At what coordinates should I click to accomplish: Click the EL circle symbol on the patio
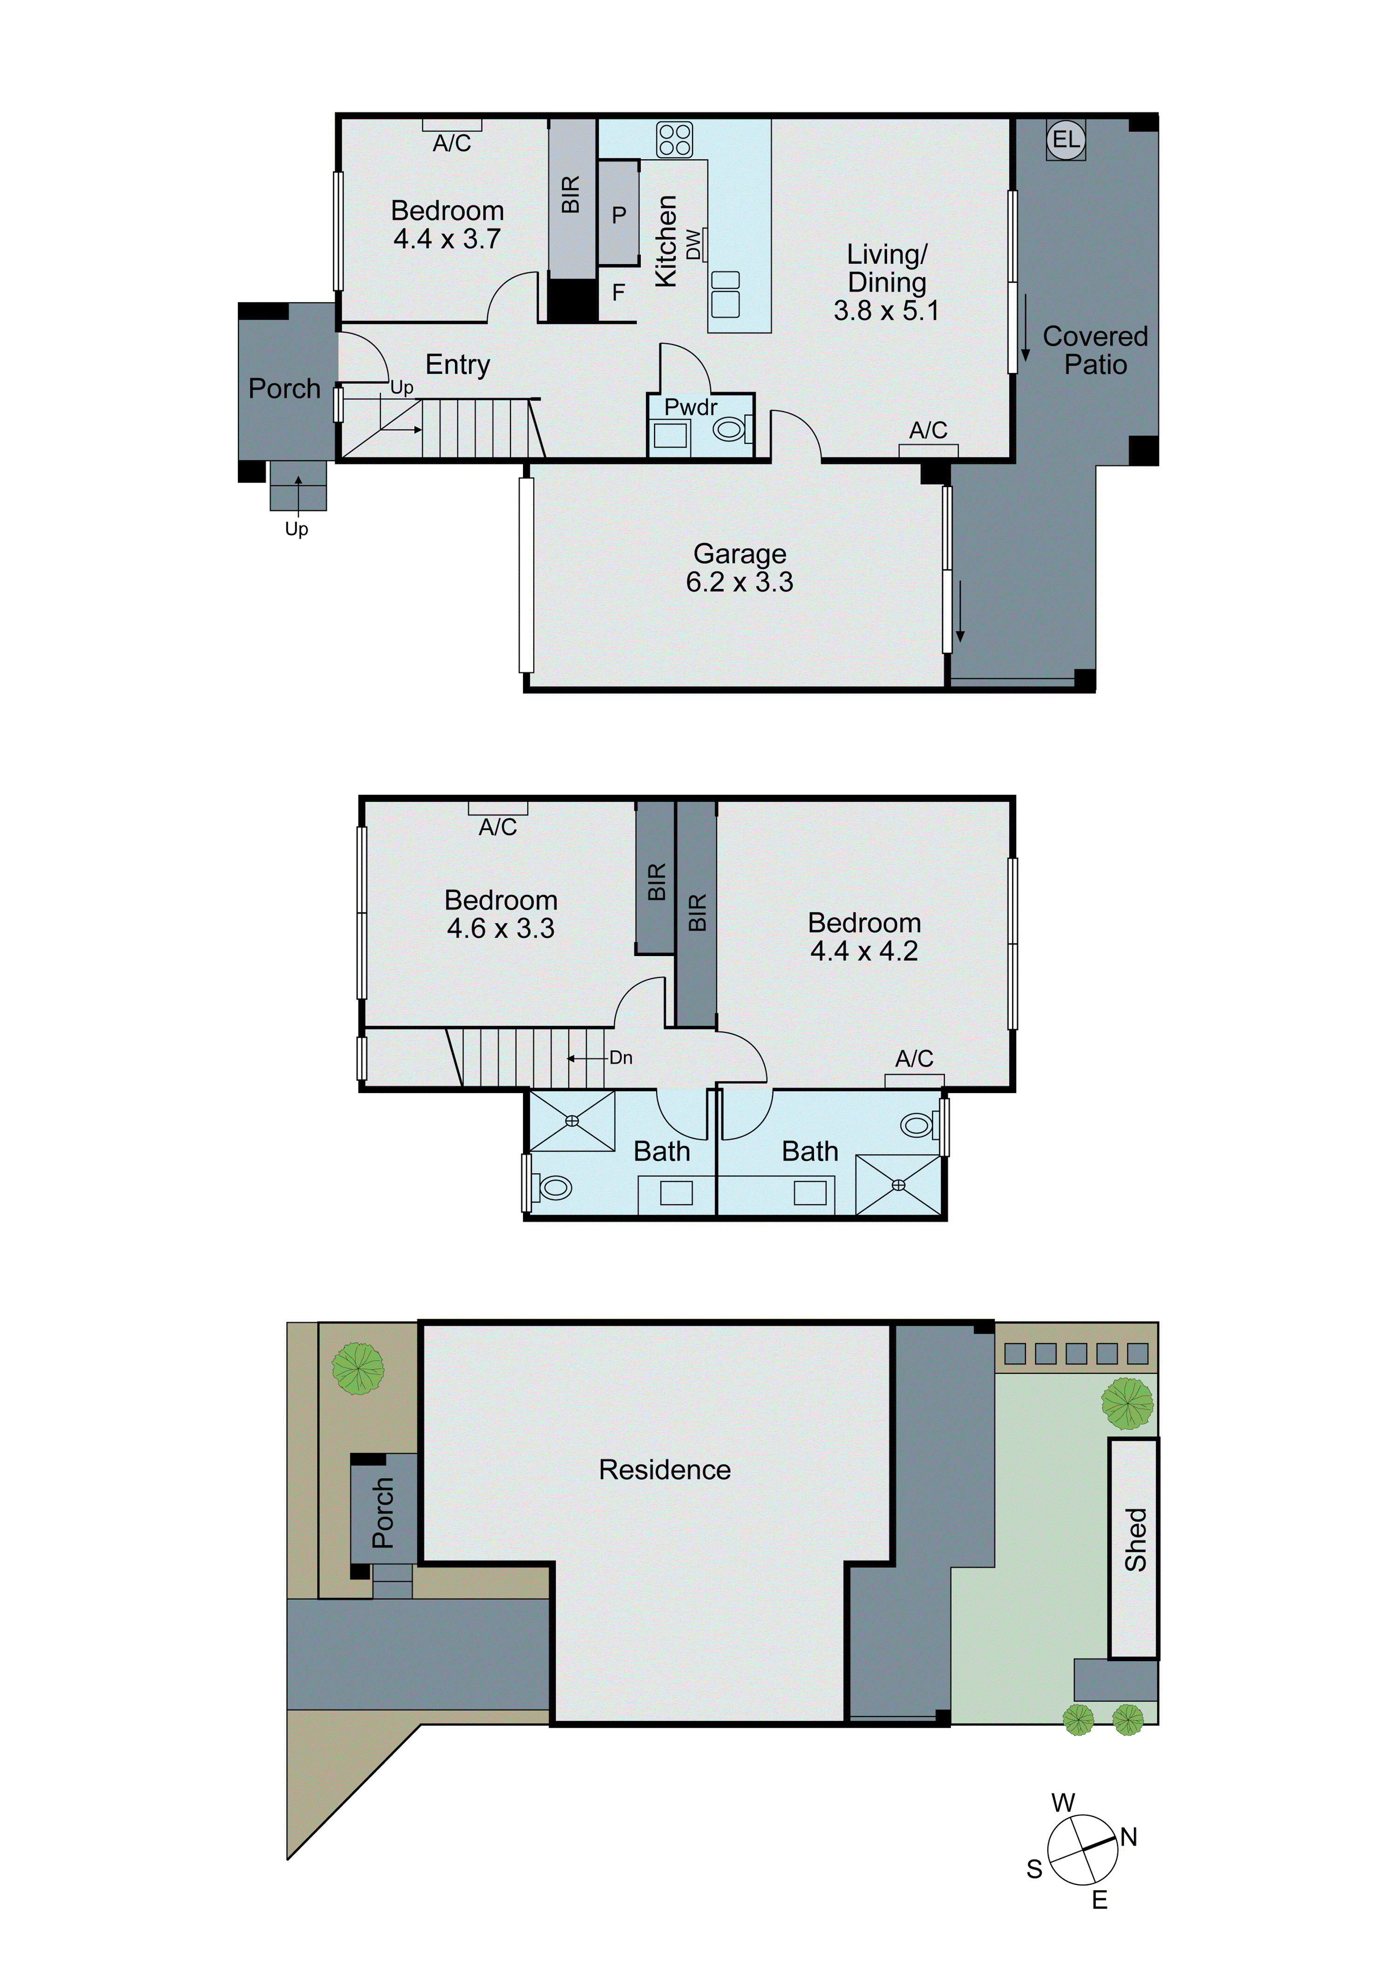(x=1065, y=139)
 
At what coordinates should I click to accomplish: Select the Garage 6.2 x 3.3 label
(x=739, y=568)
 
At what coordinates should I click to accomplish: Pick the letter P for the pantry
(x=619, y=215)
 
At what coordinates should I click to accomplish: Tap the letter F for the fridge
(x=618, y=292)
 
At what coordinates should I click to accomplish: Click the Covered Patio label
(x=1095, y=350)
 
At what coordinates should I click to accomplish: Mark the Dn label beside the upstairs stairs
(x=621, y=1058)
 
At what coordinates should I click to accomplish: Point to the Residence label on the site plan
(x=665, y=1470)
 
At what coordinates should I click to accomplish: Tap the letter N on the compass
(x=1128, y=1837)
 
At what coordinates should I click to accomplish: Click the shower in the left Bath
(x=572, y=1120)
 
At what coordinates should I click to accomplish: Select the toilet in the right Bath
(x=917, y=1125)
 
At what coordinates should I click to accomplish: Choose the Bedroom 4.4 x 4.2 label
(x=864, y=937)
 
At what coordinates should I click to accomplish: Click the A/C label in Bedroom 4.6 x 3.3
(x=497, y=827)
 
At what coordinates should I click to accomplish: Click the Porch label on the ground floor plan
(x=284, y=389)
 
